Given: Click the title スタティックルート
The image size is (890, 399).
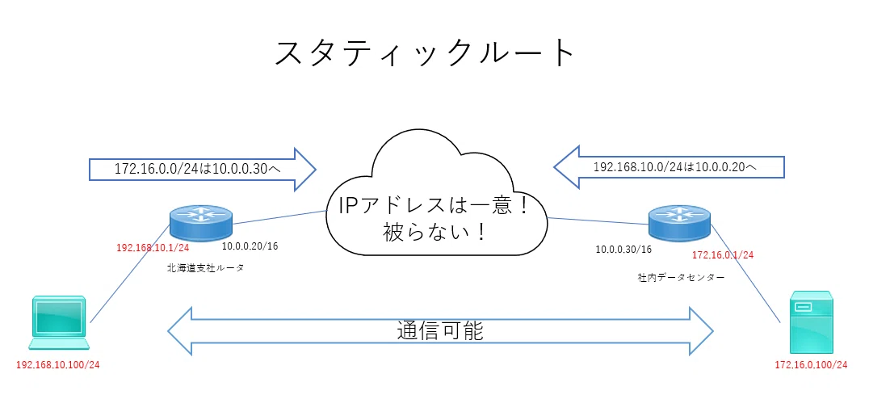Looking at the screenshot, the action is pyautogui.click(x=425, y=53).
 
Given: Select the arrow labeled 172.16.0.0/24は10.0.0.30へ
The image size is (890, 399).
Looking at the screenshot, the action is pyautogui.click(x=203, y=169).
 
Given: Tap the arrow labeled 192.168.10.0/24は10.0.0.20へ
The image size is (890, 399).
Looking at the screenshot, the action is pyautogui.click(x=669, y=167).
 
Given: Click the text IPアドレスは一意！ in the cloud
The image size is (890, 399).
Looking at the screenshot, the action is pyautogui.click(x=434, y=205).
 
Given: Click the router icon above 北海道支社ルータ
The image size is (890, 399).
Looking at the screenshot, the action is pyautogui.click(x=200, y=223).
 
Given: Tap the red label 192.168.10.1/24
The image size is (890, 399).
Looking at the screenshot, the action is pyautogui.click(x=153, y=248).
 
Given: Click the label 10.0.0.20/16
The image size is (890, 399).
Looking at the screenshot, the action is pyautogui.click(x=250, y=246).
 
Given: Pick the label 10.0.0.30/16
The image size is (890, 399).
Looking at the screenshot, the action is pyautogui.click(x=623, y=249).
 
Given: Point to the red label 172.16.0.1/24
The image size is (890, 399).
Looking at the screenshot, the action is pyautogui.click(x=723, y=255).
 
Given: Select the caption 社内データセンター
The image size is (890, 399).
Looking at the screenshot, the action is pyautogui.click(x=681, y=278).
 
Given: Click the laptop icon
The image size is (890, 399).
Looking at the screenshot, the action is pyautogui.click(x=60, y=322).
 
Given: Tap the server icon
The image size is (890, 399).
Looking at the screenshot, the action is pyautogui.click(x=811, y=322).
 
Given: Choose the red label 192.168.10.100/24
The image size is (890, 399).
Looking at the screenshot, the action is pyautogui.click(x=58, y=365).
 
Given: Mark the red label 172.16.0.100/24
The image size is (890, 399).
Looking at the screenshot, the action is pyautogui.click(x=811, y=365).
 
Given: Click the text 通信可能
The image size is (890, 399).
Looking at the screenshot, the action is pyautogui.click(x=440, y=330).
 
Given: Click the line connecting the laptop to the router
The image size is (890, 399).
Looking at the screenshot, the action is pyautogui.click(x=130, y=273).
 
